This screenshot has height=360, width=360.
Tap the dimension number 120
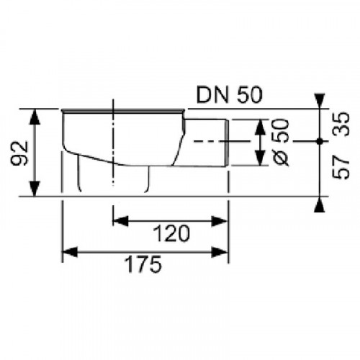[172, 233]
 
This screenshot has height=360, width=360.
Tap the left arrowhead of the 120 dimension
[117, 218]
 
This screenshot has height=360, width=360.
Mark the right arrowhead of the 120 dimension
[224, 218]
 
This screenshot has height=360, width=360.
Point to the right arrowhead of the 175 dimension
[224, 251]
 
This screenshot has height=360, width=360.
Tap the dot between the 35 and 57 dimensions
[319, 140]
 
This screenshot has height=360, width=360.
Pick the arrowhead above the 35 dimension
[319, 102]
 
